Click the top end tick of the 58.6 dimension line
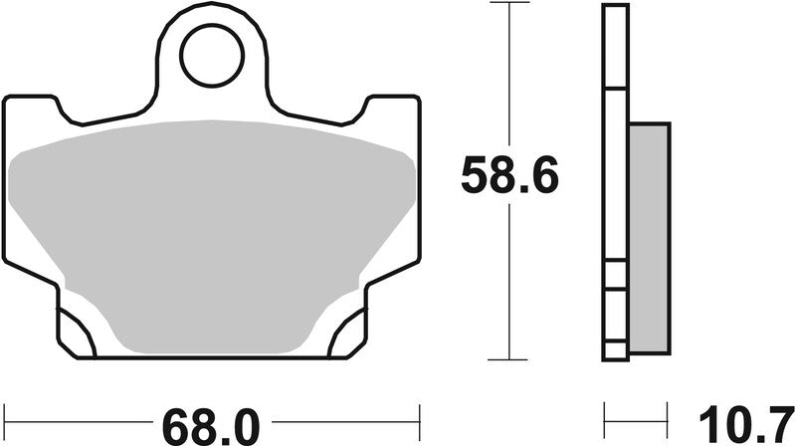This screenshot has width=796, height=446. pyautogui.click(x=509, y=4)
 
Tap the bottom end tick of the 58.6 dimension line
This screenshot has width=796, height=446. pyautogui.click(x=509, y=359)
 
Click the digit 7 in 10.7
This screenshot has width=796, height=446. pyautogui.click(x=777, y=426)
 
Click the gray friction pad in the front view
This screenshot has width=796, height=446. pyautogui.click(x=212, y=229)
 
